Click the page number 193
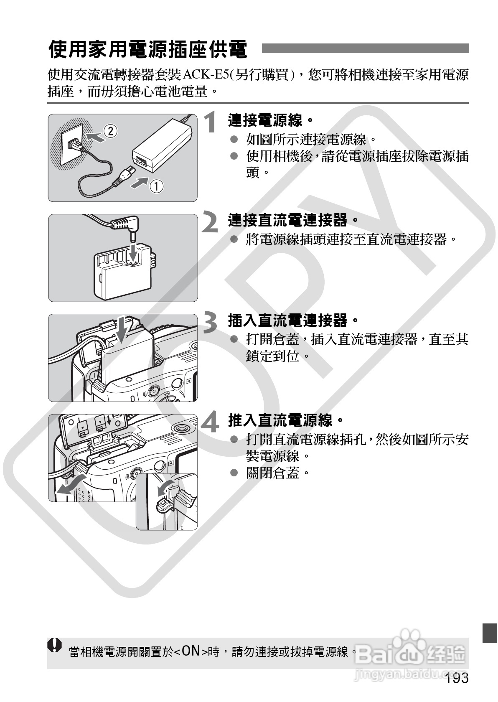click(457, 678)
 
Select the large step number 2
click(210, 222)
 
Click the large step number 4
click(210, 422)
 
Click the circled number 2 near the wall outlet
click(110, 131)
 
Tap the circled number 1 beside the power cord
click(156, 186)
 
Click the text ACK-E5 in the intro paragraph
click(205, 76)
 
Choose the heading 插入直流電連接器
click(293, 320)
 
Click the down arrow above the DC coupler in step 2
click(133, 252)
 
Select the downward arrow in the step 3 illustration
click(122, 329)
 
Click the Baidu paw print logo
click(406, 641)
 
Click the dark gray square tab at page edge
click(490, 633)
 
